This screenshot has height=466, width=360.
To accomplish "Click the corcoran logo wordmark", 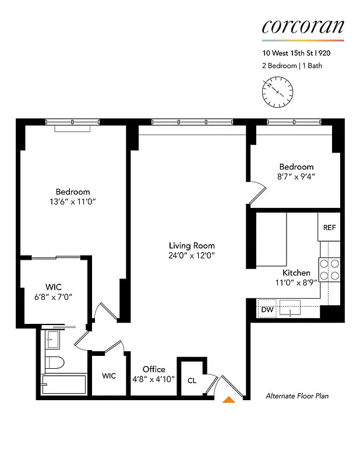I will point(302,26).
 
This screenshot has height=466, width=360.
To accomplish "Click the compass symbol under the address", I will point(278,93).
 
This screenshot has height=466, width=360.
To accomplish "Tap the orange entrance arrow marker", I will point(230,399).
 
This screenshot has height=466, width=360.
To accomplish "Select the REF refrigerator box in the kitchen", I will point(329,227).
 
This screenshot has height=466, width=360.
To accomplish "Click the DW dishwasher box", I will point(267,309).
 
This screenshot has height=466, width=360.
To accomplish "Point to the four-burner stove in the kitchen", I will point(329,270).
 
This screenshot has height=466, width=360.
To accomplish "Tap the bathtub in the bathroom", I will point(63,384).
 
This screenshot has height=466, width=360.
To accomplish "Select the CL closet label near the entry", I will point(192,381).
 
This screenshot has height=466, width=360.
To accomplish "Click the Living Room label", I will point(192,245).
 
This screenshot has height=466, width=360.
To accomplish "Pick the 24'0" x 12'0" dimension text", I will point(192,256).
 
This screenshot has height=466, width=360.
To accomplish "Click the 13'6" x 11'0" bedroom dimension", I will point(73,202).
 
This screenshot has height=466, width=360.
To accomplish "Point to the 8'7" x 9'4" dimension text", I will point(297,176).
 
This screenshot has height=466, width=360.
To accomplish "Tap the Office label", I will point(154,369).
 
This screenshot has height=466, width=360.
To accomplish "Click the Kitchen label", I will point(297,273).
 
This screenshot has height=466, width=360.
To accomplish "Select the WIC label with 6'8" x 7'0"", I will point(54,287).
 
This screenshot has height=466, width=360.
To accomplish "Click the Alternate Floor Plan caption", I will point(297,396).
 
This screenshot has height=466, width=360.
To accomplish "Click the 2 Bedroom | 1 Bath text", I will point(292,65).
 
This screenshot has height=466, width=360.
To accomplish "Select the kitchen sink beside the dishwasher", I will point(290,306).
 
